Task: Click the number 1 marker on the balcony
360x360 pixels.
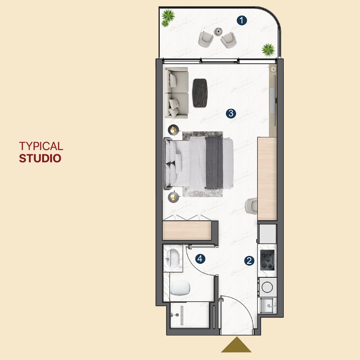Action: click(x=242, y=20)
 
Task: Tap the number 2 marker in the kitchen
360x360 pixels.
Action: click(x=249, y=261)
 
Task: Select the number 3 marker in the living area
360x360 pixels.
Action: click(x=231, y=113)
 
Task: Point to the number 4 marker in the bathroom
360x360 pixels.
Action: click(x=200, y=259)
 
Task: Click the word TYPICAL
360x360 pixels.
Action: click(x=41, y=146)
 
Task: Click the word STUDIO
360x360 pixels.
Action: click(x=40, y=159)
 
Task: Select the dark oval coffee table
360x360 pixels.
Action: click(x=200, y=93)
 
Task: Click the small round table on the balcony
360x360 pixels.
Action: click(x=218, y=31)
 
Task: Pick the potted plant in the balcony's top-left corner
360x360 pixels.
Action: click(x=168, y=18)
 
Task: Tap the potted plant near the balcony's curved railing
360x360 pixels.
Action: click(x=268, y=50)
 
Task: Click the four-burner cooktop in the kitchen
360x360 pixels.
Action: click(x=268, y=260)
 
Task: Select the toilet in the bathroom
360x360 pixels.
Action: click(x=180, y=288)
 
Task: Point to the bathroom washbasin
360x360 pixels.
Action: click(x=174, y=258)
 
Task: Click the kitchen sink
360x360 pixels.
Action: click(x=267, y=305)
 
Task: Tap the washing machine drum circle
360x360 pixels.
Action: click(x=267, y=287)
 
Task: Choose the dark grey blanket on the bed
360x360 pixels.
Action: click(x=214, y=163)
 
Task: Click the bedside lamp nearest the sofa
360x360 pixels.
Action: click(x=173, y=130)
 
